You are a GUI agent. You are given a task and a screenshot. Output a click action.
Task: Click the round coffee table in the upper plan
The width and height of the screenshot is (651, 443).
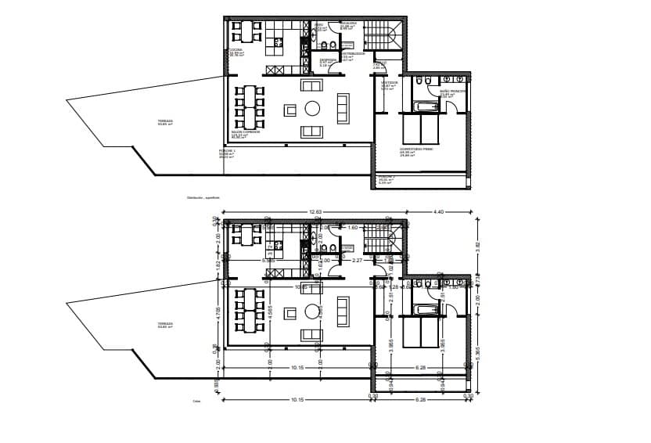(312, 108)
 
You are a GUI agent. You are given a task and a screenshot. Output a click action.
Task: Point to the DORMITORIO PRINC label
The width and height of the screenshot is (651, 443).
(412, 149)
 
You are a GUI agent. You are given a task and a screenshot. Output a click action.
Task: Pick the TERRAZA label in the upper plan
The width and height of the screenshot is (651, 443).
(164, 121)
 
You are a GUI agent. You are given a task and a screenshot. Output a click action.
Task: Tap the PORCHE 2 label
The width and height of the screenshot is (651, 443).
(385, 178)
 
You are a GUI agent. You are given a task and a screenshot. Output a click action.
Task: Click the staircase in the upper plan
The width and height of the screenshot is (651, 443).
(383, 34)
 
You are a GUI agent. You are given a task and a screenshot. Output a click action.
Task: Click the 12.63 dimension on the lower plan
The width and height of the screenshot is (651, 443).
(316, 212)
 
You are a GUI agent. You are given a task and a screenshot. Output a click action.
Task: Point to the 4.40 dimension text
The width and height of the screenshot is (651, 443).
(438, 212)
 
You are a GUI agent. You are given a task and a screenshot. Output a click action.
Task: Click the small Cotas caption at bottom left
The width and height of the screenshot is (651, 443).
(197, 402)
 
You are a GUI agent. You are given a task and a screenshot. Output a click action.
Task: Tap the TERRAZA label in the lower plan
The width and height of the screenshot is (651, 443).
(164, 324)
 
